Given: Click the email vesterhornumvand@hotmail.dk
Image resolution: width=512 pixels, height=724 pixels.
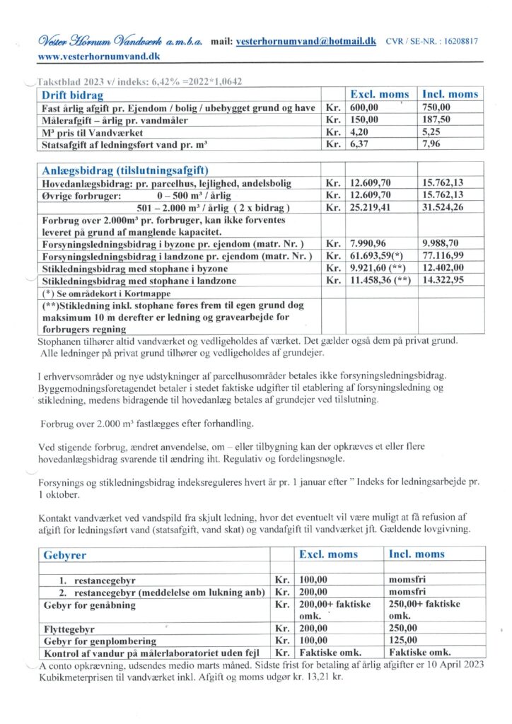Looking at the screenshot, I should point(306,42).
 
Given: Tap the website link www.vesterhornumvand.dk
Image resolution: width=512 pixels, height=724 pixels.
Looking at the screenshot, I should point(99,55).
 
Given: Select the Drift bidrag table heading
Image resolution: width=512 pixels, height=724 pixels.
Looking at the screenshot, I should point(73,95).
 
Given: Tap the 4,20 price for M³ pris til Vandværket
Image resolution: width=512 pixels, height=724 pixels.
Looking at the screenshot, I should point(359,132).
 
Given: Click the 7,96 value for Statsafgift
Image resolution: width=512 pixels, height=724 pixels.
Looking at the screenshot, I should point(431,146).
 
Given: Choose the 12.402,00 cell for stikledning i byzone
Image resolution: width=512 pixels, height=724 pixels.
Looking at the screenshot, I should point(442,269).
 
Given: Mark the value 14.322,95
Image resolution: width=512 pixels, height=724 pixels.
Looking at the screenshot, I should point(442,281).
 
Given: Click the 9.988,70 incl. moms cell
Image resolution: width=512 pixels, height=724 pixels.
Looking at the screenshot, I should point(440,244).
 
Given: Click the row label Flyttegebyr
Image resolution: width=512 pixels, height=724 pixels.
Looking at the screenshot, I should point(70,629).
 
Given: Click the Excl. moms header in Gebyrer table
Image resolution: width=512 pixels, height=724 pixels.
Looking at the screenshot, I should point(328,555).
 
